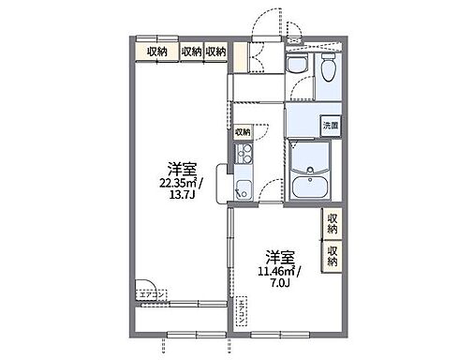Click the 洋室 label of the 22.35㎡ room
182,171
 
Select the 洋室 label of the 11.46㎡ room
278,256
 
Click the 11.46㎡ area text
279,271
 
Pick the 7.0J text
279,284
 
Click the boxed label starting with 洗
330,125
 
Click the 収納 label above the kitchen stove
242,132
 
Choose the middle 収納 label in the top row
191,51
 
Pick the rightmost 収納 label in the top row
215,51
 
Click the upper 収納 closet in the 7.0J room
333,223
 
